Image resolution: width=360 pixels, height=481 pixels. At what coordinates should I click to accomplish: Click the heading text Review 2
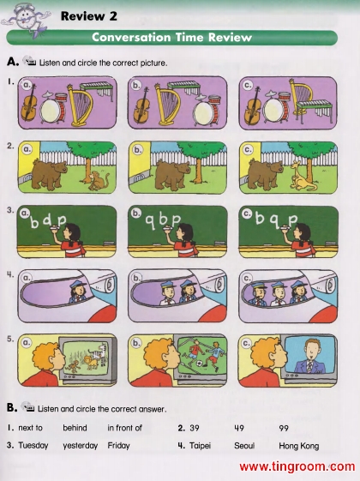pos(89,16)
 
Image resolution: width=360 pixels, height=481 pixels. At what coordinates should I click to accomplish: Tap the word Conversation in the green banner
pos(131,38)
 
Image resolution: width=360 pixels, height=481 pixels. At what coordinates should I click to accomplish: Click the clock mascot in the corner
pos(25,19)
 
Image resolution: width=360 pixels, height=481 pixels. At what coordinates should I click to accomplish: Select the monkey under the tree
pos(99,181)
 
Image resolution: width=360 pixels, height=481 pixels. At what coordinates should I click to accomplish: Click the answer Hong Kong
pos(298,446)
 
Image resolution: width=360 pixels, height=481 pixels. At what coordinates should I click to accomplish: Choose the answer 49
pos(239,428)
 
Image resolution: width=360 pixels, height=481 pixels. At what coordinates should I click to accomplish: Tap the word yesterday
pos(80,446)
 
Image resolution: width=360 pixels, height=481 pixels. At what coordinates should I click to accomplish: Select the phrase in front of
pos(124,428)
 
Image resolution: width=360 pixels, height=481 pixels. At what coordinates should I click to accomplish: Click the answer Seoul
pos(244,445)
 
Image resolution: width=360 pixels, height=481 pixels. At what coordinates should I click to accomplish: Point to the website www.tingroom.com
pos(297,466)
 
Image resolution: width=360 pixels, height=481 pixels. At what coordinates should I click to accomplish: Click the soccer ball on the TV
pos(199,364)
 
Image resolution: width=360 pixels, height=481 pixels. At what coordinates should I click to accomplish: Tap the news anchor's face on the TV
pos(311,350)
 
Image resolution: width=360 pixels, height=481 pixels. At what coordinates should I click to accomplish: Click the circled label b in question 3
pos(135,213)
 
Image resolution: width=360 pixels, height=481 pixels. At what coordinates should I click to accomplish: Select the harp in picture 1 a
pos(81,105)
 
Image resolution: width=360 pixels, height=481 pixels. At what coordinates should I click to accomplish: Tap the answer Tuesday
pos(33,445)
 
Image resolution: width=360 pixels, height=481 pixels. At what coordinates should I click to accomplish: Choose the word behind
pos(75,428)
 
